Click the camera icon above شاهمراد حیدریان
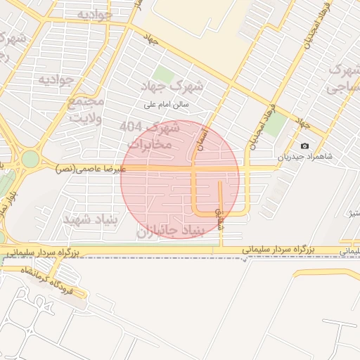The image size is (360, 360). click(304, 146)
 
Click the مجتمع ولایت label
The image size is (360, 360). click(86, 110)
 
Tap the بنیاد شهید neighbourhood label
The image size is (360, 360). click(88, 220)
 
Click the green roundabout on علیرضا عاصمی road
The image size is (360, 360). click(30, 160)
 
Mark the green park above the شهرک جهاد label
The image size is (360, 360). click(163, 73)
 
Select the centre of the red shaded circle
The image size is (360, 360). click(180, 179)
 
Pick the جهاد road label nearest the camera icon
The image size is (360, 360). click(303, 124)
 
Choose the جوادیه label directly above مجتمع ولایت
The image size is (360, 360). click(56, 79)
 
